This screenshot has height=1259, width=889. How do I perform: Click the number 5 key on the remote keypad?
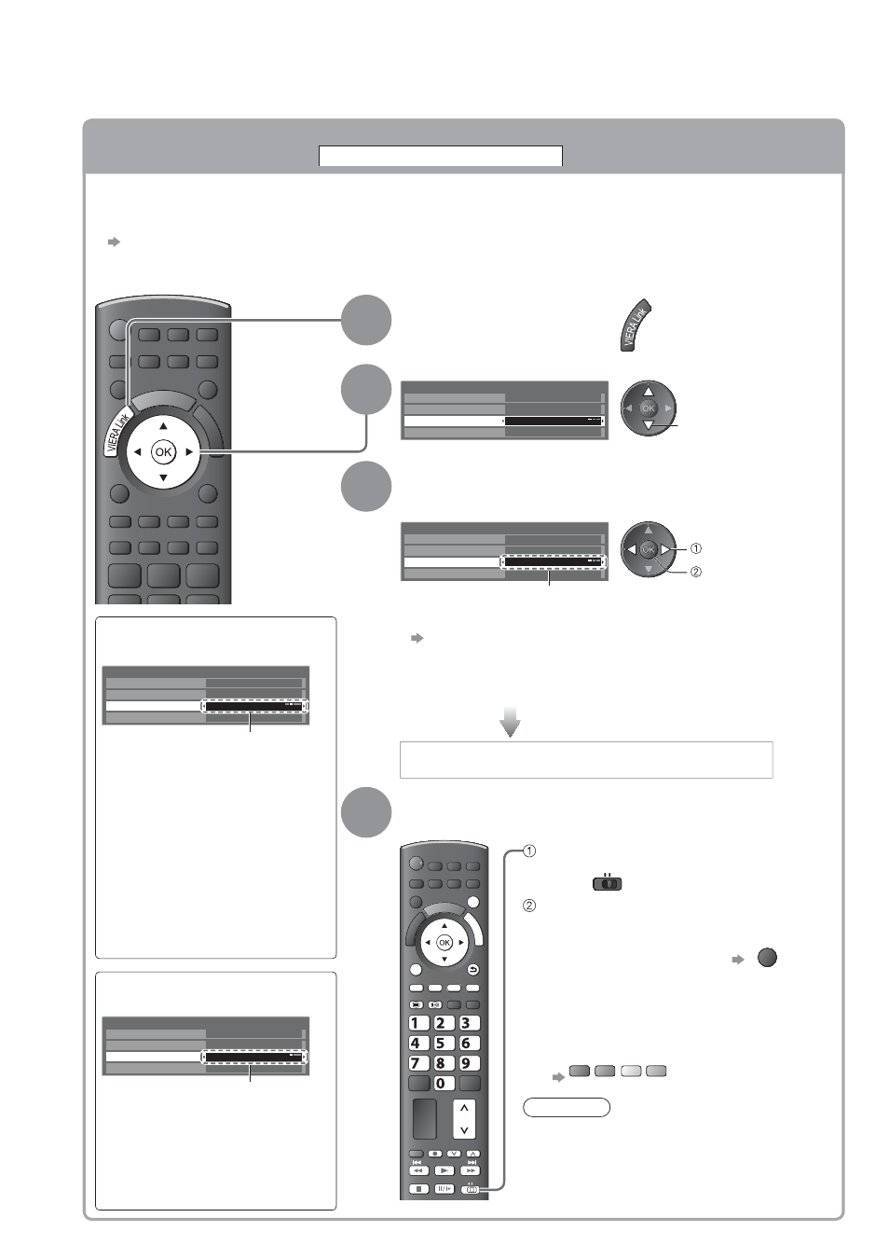point(442,1044)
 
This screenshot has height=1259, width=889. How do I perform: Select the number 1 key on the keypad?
point(417,1023)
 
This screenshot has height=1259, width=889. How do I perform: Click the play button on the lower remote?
point(444,1170)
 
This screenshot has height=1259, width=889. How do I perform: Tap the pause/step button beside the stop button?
point(444,1189)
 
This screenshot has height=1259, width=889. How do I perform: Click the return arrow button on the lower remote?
point(472,970)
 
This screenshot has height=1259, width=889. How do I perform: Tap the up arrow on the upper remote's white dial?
point(163,426)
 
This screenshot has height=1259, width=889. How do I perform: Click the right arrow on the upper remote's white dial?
point(189,452)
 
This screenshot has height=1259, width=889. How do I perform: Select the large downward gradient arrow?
point(511,722)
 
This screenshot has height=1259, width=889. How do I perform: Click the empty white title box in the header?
point(441,157)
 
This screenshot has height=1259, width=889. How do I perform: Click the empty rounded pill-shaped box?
point(567,1107)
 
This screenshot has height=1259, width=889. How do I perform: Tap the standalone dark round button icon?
point(767,958)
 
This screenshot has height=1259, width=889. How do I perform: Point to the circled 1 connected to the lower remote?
point(529,851)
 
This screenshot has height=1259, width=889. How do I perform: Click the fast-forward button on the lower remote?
point(470,1170)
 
